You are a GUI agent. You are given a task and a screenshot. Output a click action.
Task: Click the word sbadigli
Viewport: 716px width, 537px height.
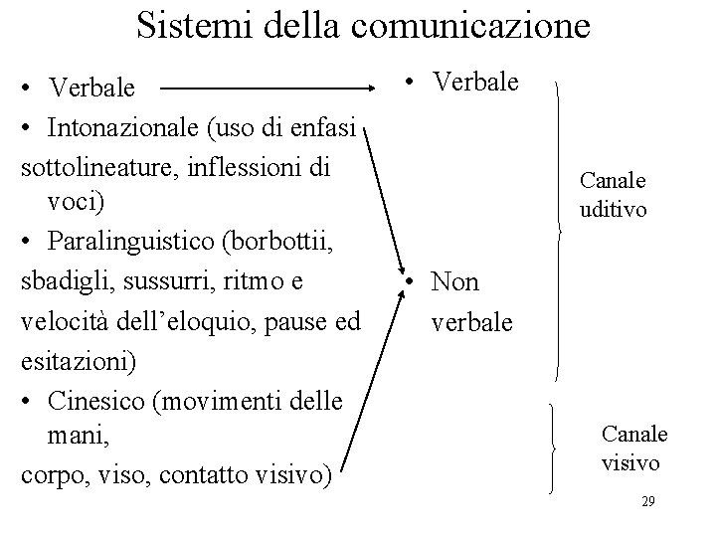click(65, 282)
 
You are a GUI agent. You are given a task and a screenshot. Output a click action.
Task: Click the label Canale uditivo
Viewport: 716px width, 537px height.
click(613, 195)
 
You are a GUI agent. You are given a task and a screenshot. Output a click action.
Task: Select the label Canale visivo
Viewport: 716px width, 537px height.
click(634, 448)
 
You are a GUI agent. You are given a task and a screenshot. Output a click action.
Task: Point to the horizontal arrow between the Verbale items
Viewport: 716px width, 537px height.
click(276, 88)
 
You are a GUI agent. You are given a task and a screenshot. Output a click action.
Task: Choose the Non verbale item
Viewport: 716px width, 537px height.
click(468, 302)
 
